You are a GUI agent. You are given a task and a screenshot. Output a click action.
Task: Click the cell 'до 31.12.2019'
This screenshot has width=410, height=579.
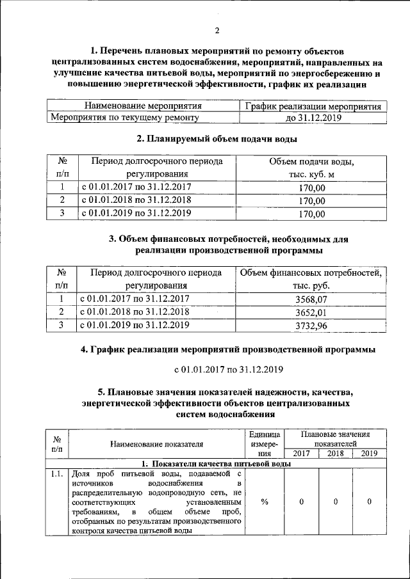coord(313,118)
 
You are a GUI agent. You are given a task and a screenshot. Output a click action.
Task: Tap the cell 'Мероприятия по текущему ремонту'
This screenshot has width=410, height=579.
coord(125,118)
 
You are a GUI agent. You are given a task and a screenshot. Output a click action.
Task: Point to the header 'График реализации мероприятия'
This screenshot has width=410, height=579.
coord(313,106)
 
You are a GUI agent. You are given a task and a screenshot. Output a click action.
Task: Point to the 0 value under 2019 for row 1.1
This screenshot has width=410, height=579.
coord(370,502)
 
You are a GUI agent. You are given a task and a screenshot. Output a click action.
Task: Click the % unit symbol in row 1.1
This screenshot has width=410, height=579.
coord(265,502)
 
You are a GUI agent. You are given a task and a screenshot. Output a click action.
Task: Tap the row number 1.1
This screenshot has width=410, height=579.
coord(57,474)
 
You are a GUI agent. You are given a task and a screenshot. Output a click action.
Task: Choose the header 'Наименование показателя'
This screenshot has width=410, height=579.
coord(157,443)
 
